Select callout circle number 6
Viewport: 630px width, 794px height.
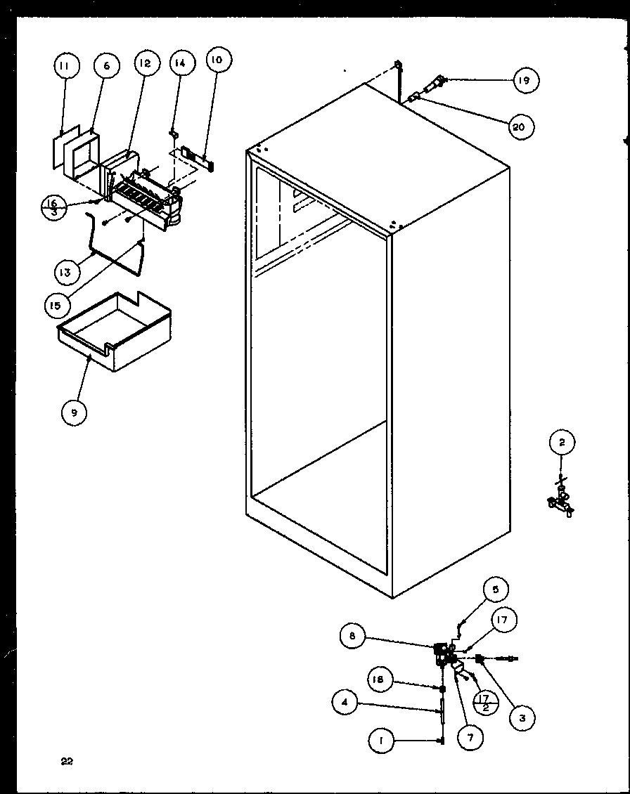pos(106,66)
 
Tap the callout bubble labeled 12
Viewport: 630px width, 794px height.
pos(144,63)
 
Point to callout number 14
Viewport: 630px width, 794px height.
pos(180,63)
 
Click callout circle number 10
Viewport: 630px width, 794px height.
pos(217,60)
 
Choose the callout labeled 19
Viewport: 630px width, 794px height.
pos(524,81)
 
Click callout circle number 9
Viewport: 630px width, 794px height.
pos(73,412)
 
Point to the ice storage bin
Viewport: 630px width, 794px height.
pos(116,330)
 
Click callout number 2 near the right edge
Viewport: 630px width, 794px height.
pos(561,442)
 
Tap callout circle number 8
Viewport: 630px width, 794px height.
pos(352,637)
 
